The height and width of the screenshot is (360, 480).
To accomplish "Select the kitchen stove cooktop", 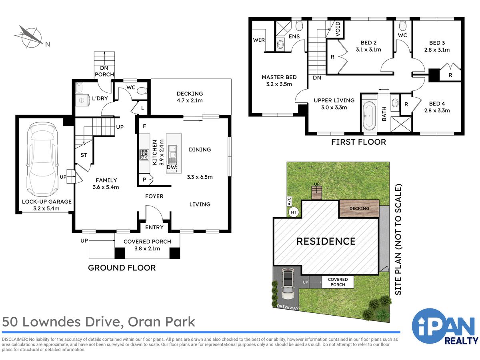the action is (144, 154).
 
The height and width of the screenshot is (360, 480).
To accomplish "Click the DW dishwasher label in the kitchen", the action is (171, 167).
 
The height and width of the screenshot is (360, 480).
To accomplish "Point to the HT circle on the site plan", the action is (294, 212).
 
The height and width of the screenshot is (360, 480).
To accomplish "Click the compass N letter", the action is (48, 44).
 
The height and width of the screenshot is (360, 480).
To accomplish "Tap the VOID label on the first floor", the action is (338, 29).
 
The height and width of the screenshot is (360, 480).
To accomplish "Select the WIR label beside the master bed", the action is (259, 40).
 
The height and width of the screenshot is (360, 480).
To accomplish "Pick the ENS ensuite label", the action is (294, 36).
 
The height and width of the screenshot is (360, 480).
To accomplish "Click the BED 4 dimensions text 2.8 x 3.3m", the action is (437, 111).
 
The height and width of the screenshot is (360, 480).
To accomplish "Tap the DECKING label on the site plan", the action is (359, 208).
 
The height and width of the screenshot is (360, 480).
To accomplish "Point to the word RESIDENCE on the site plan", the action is (326, 241).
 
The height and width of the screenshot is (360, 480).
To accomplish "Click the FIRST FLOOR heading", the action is (358, 142).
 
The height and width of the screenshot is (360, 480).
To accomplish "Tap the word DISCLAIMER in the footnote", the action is (15, 340).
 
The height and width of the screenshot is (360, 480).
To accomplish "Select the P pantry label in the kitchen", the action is (144, 180).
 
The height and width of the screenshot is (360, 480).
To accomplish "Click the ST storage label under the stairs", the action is (84, 155).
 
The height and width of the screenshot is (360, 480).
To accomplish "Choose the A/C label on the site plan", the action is (289, 201).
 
